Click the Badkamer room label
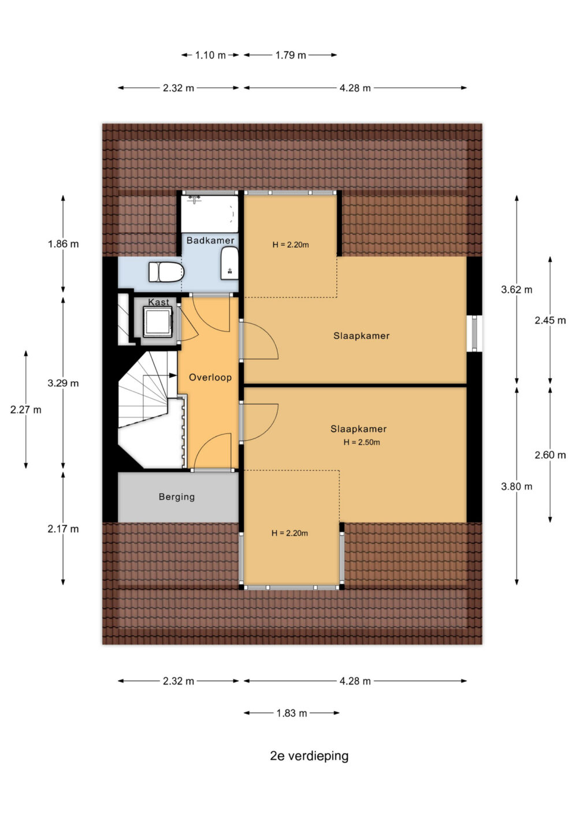210,240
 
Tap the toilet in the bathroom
166,272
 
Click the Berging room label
177,496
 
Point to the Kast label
158,302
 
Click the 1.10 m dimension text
210,55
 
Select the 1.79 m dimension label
291,55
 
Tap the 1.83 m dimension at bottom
292,713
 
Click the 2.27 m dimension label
26,410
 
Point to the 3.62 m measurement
516,290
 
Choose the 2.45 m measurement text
550,320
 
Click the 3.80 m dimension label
516,486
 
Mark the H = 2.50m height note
362,442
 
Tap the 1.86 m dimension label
64,244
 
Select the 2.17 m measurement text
64,529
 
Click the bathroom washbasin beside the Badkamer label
229,263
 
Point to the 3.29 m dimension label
64,383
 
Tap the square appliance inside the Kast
158,322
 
